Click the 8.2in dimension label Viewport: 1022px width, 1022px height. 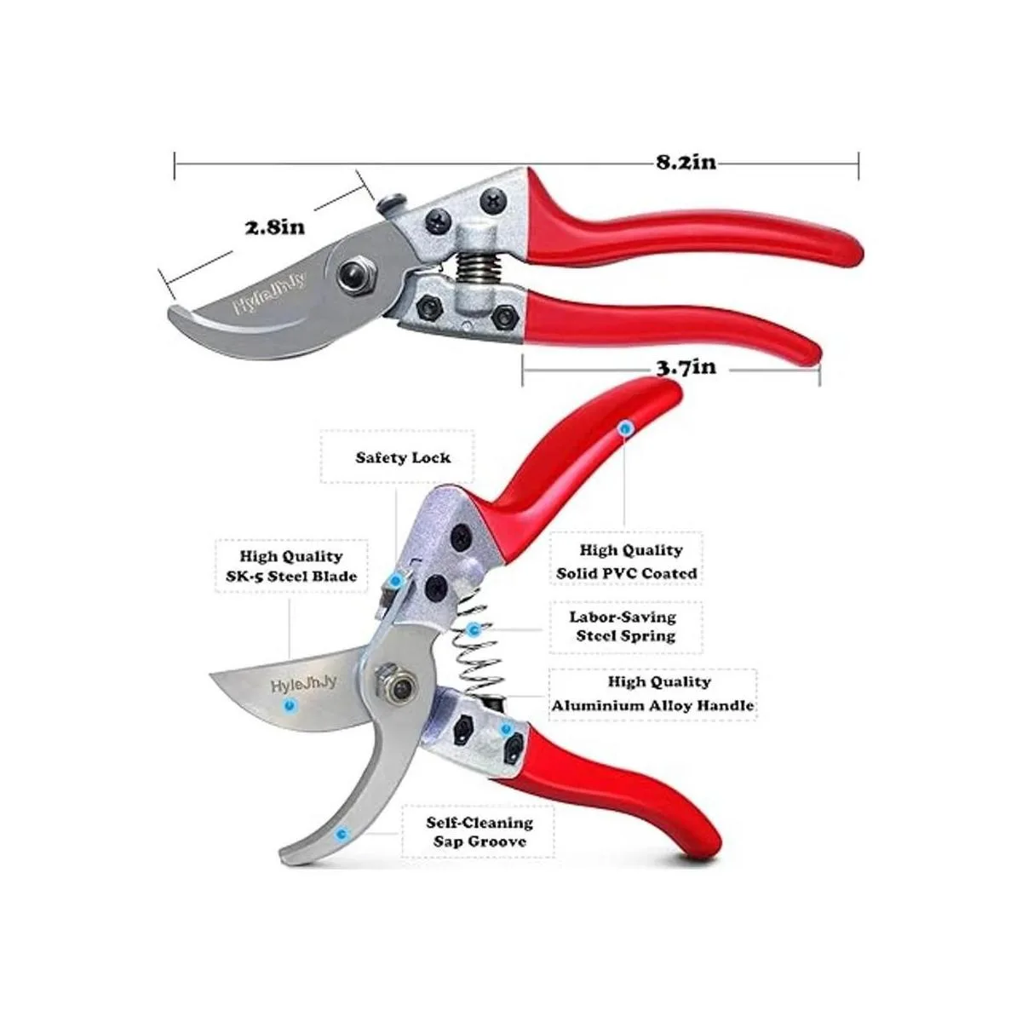coord(685,162)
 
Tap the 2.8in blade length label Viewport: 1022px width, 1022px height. coord(275,227)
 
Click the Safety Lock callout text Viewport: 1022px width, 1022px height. coord(403,457)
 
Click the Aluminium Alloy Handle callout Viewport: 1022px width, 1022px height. coord(652,694)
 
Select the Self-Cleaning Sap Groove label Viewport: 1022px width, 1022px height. coord(479,832)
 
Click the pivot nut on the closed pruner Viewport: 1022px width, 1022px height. coord(349,275)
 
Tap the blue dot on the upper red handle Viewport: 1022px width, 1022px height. coord(626,430)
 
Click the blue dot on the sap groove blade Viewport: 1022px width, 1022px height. coord(342,835)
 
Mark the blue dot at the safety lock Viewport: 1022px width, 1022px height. coord(395,580)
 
